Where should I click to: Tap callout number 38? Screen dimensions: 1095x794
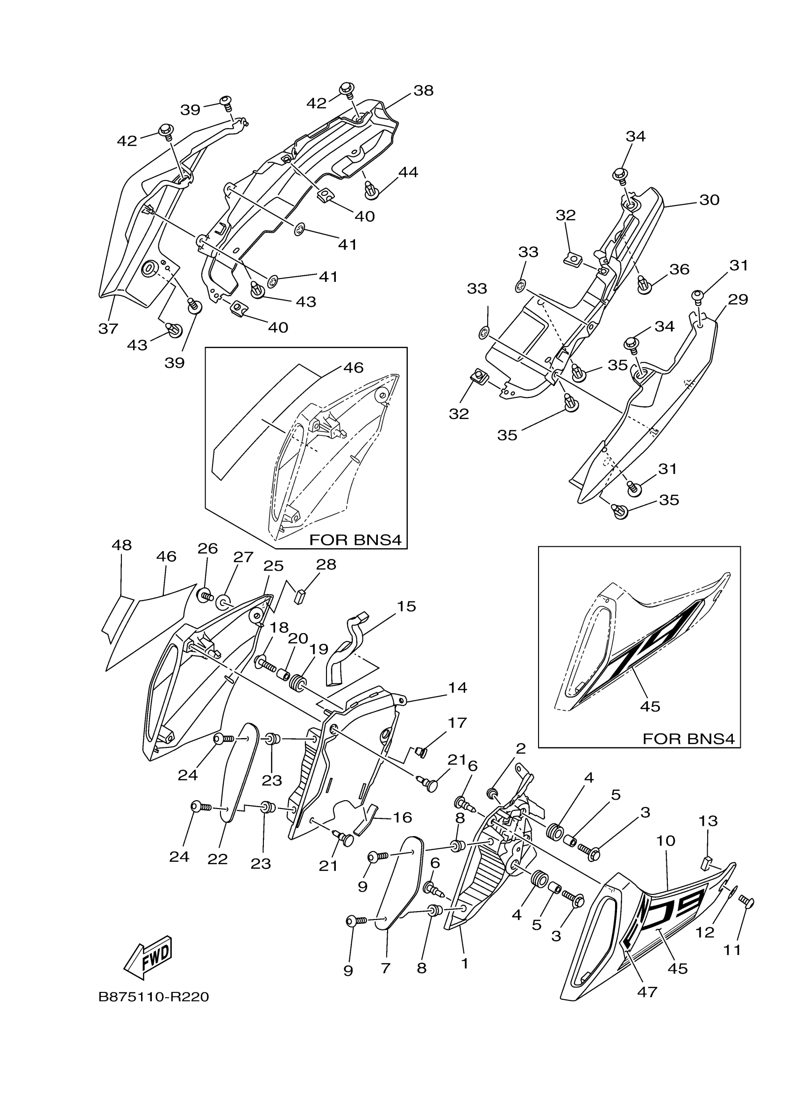423,91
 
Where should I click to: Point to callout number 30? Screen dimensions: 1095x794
709,199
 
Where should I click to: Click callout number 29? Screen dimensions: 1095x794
737,300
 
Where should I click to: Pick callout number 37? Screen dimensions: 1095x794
108,329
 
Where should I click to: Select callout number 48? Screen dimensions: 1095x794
121,545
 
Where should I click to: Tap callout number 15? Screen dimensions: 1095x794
406,607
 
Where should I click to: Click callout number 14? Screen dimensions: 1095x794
457,688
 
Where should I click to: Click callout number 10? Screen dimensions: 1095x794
666,841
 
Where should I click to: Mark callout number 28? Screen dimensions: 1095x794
326,565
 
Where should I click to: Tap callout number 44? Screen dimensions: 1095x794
408,172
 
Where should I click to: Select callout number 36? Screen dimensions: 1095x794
679,269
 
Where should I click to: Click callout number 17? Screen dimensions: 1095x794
457,736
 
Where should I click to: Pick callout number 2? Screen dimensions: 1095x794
520,749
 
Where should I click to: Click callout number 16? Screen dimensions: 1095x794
403,817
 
